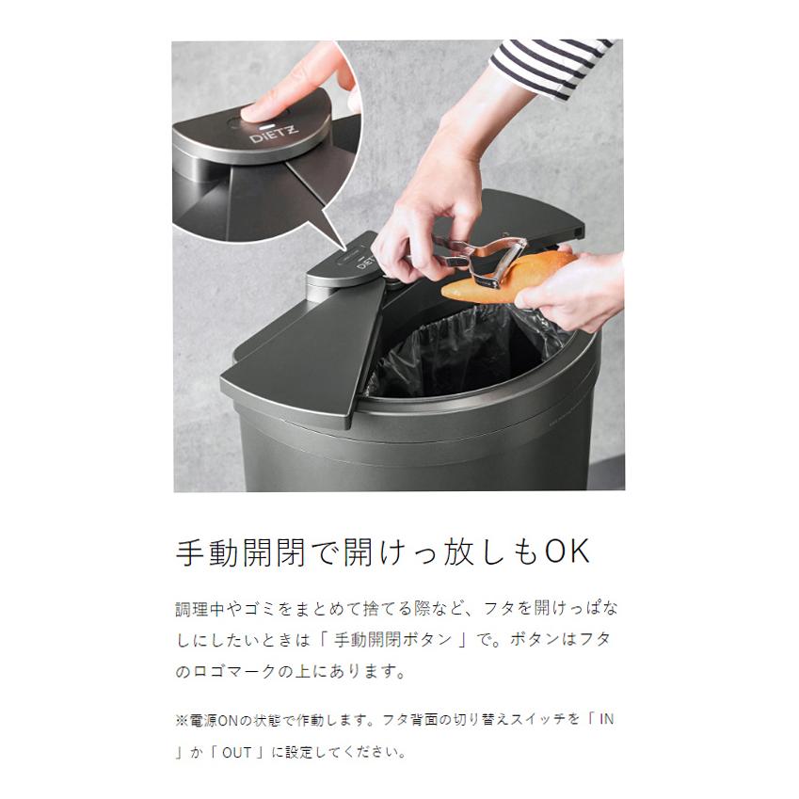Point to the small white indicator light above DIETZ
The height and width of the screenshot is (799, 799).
(x=264, y=125)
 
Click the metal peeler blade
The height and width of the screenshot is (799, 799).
(x=509, y=261)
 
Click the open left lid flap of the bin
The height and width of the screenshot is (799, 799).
(x=301, y=358)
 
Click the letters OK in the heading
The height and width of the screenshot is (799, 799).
(x=567, y=552)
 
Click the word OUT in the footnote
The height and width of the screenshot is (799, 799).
(x=237, y=753)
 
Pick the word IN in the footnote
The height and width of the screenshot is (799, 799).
(x=607, y=720)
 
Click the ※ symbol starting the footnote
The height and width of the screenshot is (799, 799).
(x=183, y=720)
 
